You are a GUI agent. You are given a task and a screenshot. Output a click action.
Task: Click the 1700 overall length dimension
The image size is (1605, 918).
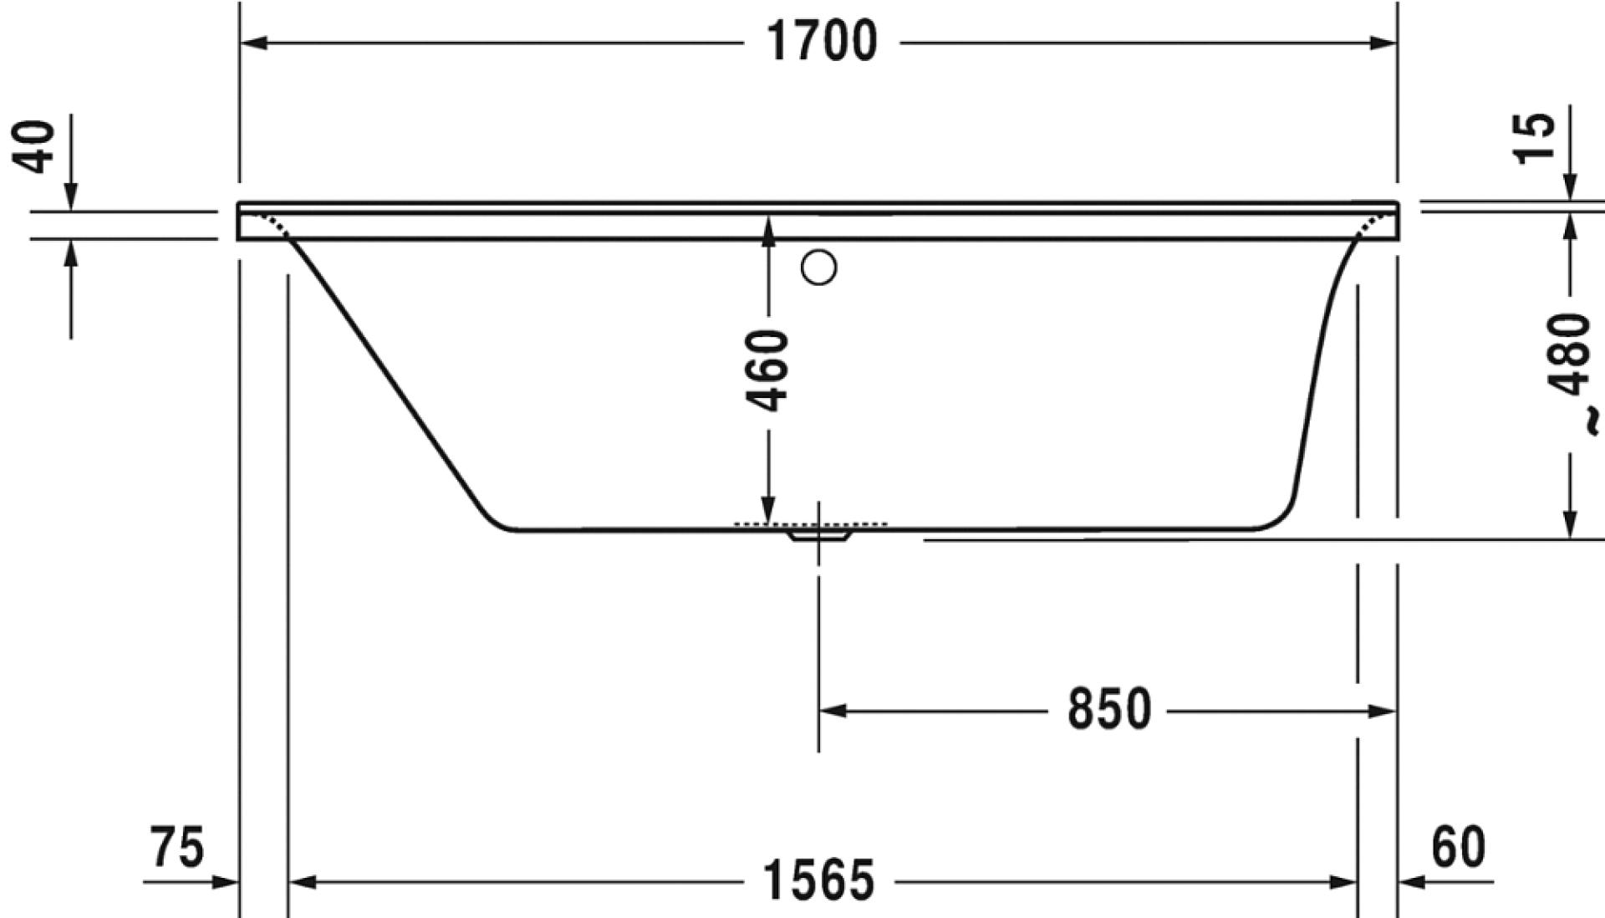(x=823, y=41)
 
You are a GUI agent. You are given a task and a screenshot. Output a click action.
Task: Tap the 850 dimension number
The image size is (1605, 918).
(x=1109, y=710)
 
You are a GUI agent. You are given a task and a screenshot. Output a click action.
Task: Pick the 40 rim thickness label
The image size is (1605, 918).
(x=37, y=147)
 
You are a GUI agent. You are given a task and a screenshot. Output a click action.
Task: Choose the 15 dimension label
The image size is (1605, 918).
(x=1536, y=139)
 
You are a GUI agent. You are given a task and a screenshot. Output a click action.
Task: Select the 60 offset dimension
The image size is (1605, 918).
(x=1459, y=846)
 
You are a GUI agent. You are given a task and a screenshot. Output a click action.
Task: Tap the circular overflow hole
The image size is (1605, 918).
(x=818, y=268)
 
